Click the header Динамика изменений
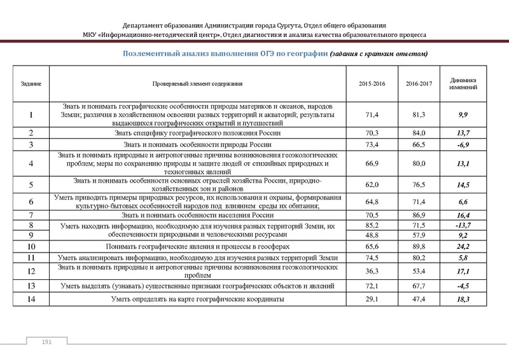tap(463, 84)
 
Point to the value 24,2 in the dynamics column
tap(463, 246)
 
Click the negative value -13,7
tap(463, 226)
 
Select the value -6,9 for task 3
tap(463, 145)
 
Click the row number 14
tap(31, 298)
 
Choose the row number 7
tap(31, 216)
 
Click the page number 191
tap(46, 343)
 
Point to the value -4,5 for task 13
tap(463, 286)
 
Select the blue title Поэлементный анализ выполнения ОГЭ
tap(225, 53)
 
